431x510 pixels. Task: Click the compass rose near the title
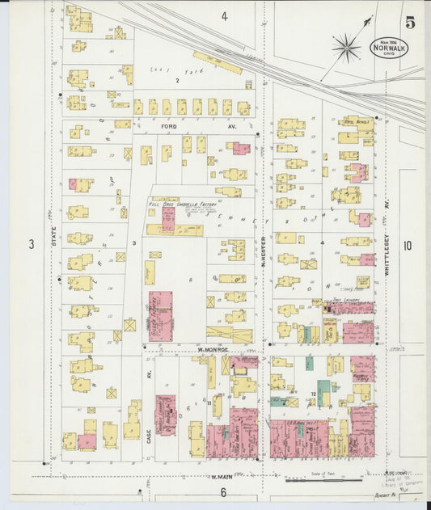pos(346,48)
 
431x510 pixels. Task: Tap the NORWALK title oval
pos(390,48)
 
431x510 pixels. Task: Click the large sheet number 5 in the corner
pos(411,23)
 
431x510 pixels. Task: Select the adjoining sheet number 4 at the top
pos(224,16)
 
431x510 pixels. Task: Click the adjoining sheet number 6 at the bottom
pos(223,491)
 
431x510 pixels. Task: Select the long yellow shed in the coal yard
pos(217,62)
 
